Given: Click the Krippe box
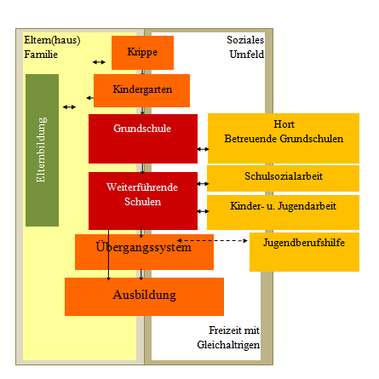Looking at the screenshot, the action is click(142, 53).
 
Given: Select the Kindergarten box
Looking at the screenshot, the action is click(141, 90).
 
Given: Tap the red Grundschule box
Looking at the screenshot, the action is click(143, 139).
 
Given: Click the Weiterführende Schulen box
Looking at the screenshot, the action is click(143, 201).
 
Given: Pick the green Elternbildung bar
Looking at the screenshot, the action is click(42, 150).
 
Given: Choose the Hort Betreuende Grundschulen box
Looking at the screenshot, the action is click(284, 138).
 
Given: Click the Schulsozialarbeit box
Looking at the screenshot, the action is click(283, 178).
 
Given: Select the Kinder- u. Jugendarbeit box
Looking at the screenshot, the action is click(283, 212).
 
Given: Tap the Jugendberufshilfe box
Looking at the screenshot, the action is click(304, 252).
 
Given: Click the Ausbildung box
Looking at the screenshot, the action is click(144, 296).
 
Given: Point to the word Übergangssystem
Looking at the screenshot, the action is click(143, 247).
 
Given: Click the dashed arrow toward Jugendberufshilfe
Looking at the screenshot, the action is click(212, 241).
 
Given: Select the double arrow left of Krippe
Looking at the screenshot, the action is click(99, 62).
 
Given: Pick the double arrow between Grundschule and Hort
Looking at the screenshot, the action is click(203, 149).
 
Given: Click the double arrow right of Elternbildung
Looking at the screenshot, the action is click(69, 107).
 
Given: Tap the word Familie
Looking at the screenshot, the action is click(41, 55).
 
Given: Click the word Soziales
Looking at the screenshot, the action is click(245, 40).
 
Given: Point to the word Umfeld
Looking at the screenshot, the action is click(247, 55).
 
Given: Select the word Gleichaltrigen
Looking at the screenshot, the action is click(228, 345).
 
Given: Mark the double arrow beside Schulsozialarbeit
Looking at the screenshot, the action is click(203, 184).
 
